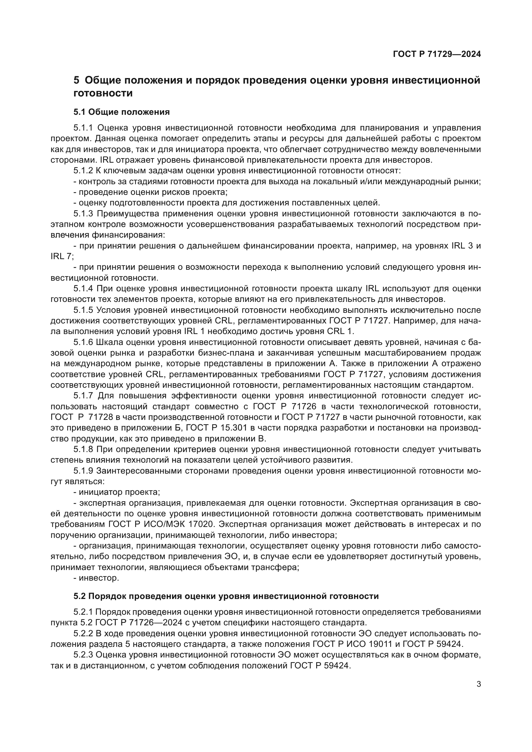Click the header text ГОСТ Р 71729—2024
tap(437, 54)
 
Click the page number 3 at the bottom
tap(479, 684)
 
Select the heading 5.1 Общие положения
tap(122, 112)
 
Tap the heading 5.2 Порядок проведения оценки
tap(226, 596)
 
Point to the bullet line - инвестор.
tap(96, 578)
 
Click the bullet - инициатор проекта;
tap(117, 492)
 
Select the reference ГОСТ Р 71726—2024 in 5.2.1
tap(131, 623)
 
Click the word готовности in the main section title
tap(103, 93)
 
